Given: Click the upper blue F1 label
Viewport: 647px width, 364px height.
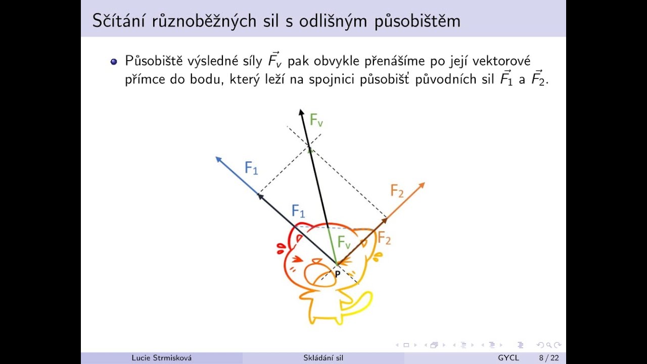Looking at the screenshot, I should pyautogui.click(x=251, y=167).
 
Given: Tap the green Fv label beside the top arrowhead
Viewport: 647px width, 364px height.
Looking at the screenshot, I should pyautogui.click(x=316, y=120).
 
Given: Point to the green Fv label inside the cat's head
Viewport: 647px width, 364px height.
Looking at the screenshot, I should pyautogui.click(x=344, y=242).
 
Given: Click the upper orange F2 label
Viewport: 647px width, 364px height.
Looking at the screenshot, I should pyautogui.click(x=397, y=191).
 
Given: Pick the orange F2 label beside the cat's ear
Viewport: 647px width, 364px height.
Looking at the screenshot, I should pyautogui.click(x=385, y=238).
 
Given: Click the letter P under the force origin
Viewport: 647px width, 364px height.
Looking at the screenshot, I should pyautogui.click(x=337, y=274).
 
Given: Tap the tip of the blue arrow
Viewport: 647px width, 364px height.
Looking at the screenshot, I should pyautogui.click(x=217, y=157).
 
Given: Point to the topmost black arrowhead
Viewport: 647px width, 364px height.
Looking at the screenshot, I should pyautogui.click(x=301, y=111).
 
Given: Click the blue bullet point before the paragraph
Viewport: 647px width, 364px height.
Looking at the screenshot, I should pyautogui.click(x=114, y=61).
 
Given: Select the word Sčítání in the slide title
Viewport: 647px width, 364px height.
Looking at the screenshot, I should pyautogui.click(x=118, y=21).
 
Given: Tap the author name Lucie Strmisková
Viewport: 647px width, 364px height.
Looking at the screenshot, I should pyautogui.click(x=162, y=358).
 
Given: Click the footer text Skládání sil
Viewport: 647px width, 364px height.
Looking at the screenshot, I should pyautogui.click(x=323, y=358).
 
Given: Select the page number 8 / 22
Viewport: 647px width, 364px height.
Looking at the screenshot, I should pyautogui.click(x=549, y=358).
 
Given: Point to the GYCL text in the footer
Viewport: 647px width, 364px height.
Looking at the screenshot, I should pyautogui.click(x=509, y=358).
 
